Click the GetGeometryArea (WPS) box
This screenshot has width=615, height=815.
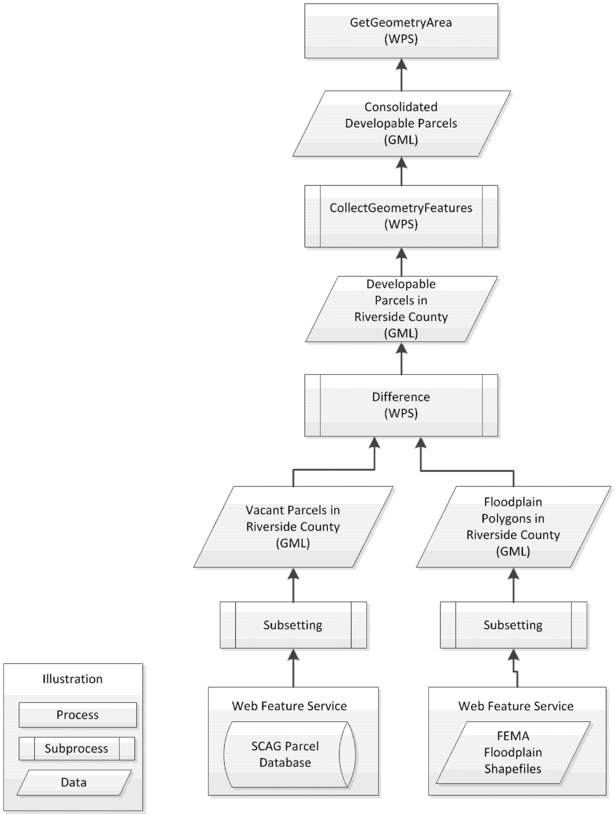(401, 31)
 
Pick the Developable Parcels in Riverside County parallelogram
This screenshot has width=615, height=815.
(401, 309)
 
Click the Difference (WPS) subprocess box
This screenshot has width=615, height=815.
(401, 405)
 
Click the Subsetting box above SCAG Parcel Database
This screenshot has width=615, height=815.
(293, 625)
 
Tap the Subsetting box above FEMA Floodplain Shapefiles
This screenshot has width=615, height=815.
(513, 625)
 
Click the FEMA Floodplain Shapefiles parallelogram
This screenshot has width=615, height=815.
(513, 752)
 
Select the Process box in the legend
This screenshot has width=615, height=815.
(77, 715)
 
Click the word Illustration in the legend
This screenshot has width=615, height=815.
(73, 679)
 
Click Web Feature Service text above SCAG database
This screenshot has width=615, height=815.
(289, 706)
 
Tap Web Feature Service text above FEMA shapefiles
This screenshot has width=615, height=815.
(516, 706)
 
